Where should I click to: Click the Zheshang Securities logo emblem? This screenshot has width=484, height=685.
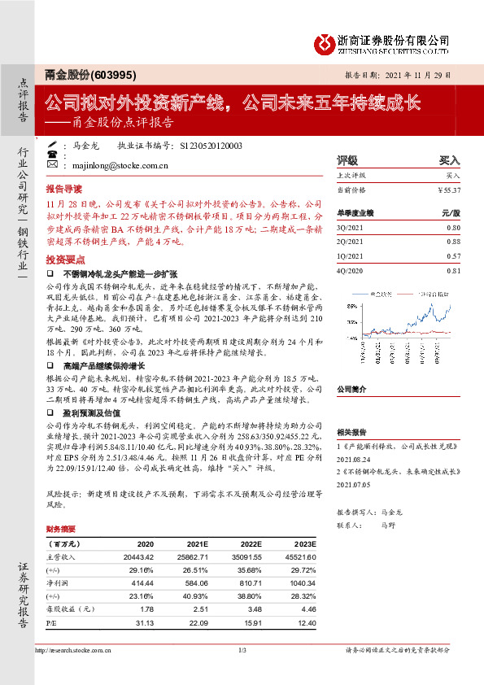[326, 43]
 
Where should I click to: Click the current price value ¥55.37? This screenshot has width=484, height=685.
[449, 190]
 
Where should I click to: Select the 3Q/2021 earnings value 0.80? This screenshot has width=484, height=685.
[453, 228]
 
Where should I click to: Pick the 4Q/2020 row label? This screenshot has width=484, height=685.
[350, 269]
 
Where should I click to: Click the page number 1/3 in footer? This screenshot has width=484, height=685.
[242, 649]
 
